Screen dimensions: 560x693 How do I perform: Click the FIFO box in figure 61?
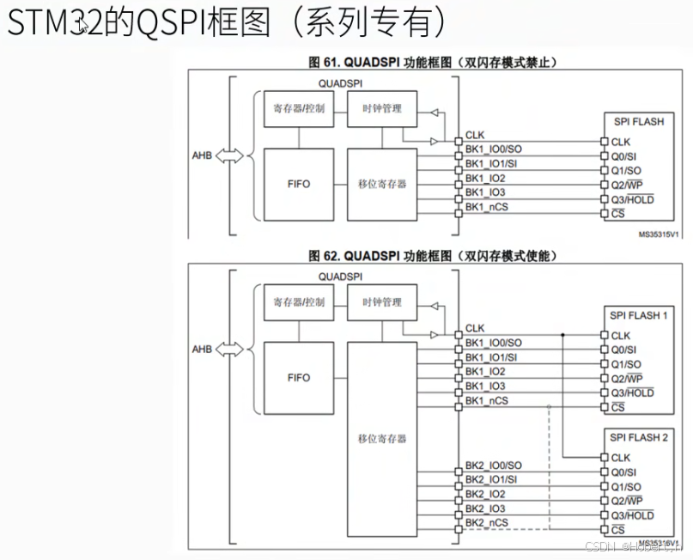298,184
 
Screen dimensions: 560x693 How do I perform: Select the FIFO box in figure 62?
298,378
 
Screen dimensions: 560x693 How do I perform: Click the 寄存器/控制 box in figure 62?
298,302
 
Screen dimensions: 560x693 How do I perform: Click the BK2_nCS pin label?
486,523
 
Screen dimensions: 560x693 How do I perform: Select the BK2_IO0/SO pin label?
493,465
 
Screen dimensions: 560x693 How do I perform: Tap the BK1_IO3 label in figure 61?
485,192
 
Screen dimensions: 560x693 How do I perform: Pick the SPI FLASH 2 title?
639,438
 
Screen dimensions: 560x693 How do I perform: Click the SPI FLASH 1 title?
639,315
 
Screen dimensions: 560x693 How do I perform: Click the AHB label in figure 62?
202,350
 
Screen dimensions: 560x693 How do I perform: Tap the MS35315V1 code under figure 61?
658,233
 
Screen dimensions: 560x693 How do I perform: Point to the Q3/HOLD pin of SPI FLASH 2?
632,515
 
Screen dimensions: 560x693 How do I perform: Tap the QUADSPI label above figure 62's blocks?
340,277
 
